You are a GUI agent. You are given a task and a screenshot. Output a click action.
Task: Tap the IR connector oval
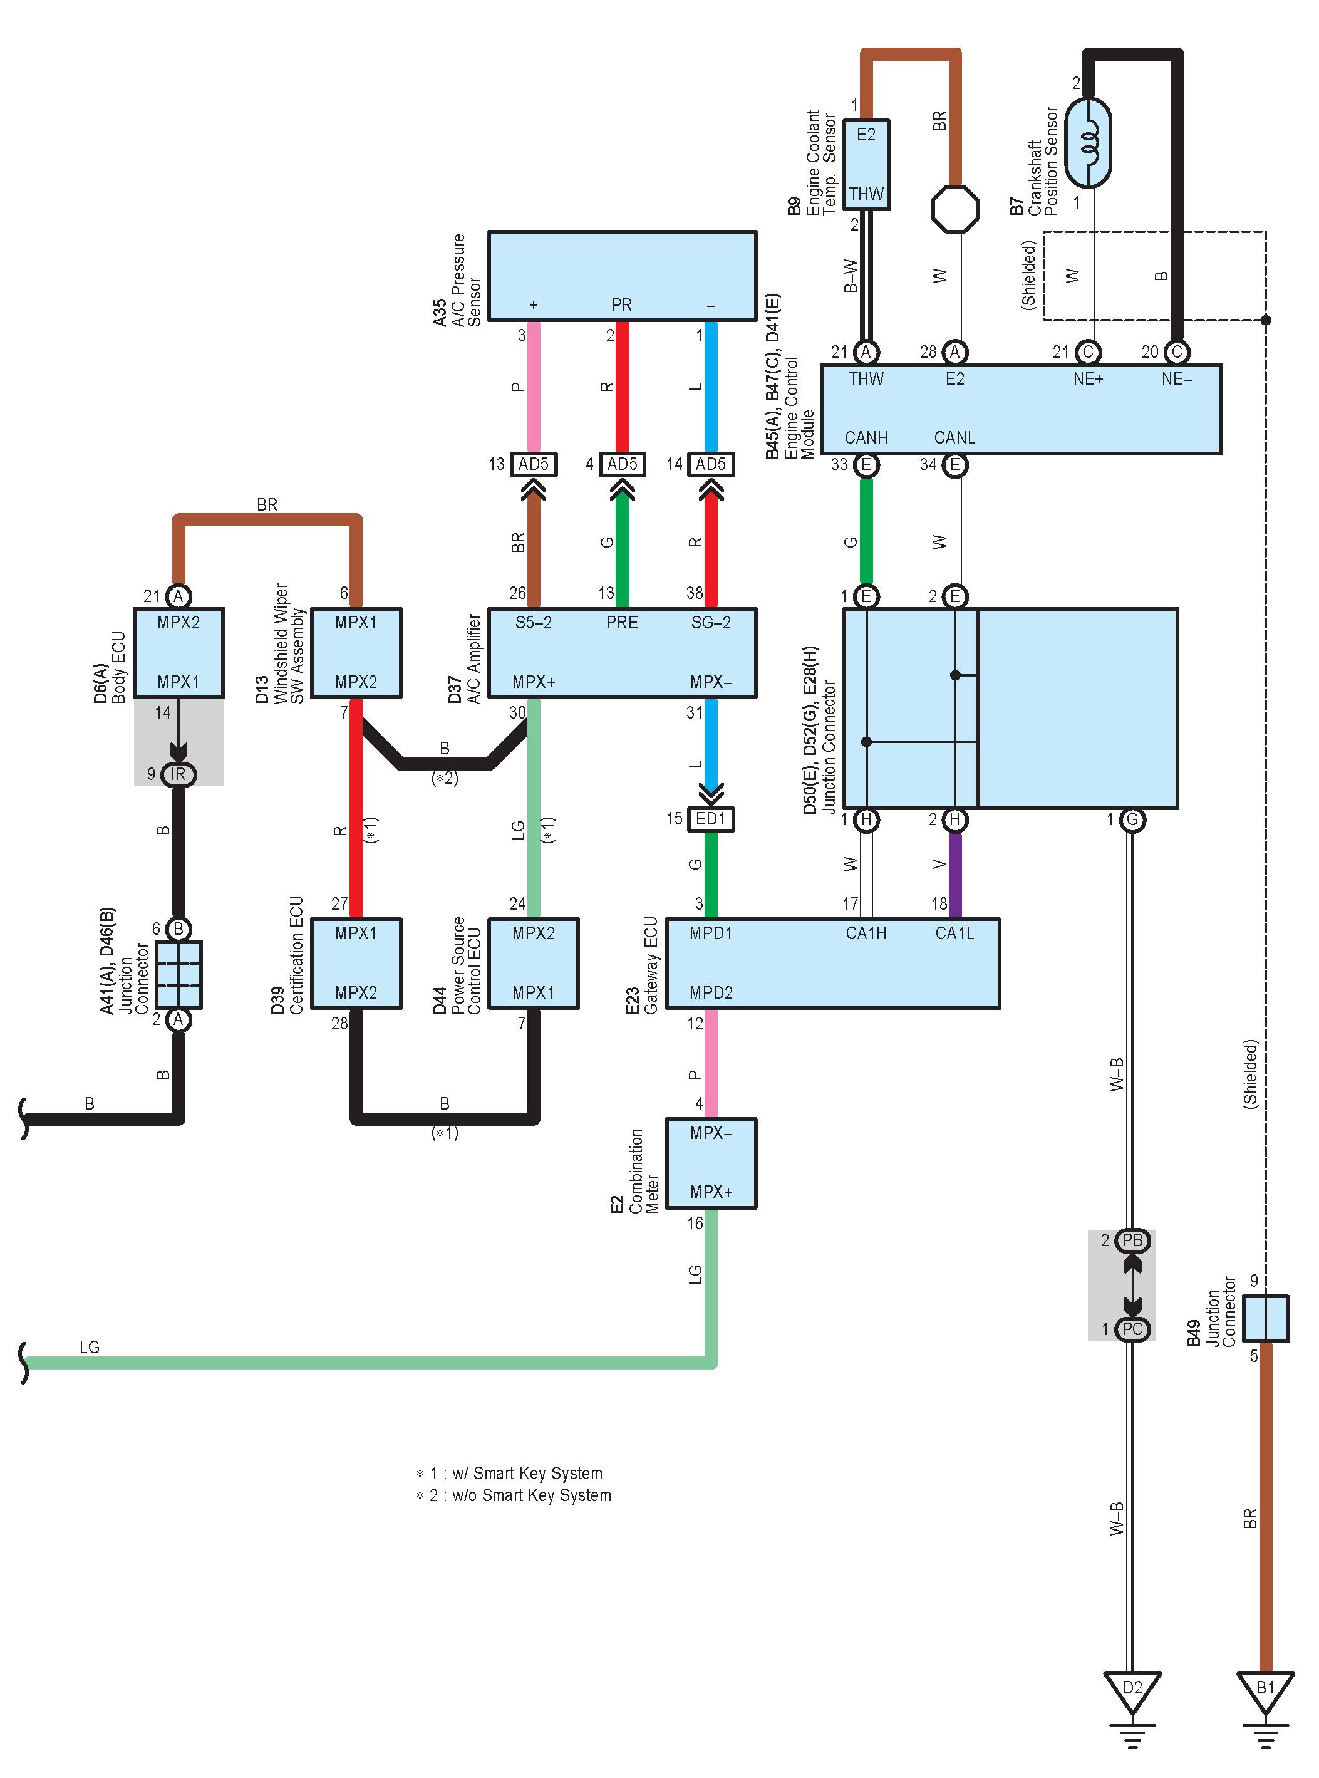tap(178, 774)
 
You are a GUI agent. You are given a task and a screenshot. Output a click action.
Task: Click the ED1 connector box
tap(711, 819)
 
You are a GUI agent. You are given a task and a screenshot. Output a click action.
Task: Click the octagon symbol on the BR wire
tap(955, 209)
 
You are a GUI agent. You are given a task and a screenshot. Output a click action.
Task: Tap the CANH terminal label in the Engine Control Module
tap(866, 438)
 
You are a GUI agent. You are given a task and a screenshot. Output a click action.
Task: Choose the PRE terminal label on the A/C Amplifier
tap(621, 622)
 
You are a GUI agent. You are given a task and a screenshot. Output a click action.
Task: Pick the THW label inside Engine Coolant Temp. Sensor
tap(866, 194)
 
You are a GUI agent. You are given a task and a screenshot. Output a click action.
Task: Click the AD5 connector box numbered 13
tap(534, 464)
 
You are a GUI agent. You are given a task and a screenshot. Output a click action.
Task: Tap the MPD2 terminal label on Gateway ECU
tap(711, 993)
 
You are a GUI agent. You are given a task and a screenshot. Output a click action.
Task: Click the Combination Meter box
tap(711, 1163)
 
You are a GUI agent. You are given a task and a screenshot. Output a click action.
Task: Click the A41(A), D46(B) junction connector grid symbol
tap(179, 974)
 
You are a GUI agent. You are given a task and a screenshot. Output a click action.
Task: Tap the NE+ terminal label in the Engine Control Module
tap(1087, 378)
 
